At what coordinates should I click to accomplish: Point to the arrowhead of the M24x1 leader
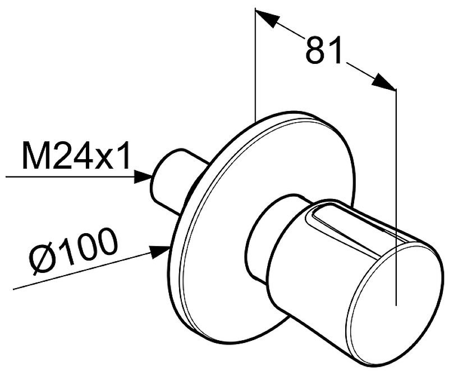pos(144,177)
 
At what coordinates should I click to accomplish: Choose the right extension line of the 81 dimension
pos(396,196)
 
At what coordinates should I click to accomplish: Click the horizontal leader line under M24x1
pos(67,177)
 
